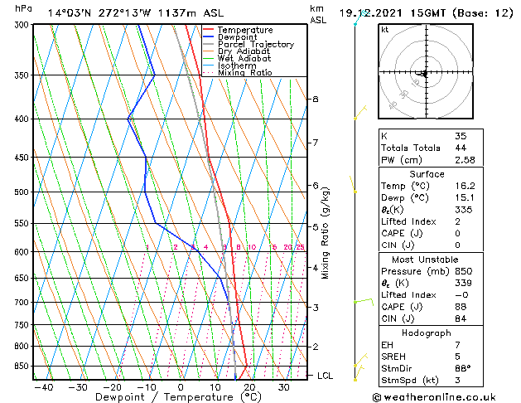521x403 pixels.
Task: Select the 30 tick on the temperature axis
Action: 283,387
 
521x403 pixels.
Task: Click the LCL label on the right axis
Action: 326,376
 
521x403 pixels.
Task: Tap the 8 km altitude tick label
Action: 316,100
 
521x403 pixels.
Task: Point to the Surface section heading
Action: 427,174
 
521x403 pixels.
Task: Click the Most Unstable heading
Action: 427,260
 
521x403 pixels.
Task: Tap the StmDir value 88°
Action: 464,369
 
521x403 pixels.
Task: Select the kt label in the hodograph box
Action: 385,29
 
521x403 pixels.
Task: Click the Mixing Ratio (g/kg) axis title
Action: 326,232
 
